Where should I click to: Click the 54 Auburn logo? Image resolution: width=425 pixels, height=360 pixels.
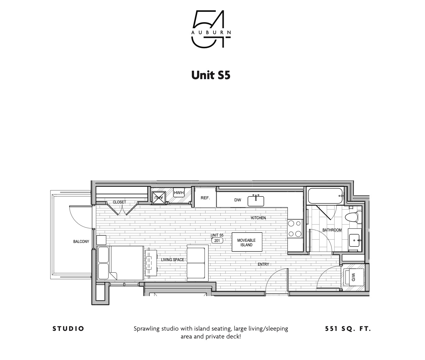[x=211, y=29]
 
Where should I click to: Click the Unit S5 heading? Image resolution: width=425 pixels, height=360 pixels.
[x=211, y=75]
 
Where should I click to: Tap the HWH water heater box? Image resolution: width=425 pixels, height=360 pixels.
[x=179, y=193]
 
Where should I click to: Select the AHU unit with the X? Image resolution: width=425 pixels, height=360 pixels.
[x=159, y=198]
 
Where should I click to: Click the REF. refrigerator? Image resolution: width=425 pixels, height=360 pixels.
[x=205, y=198]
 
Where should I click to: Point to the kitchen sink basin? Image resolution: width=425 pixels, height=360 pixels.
[x=256, y=201]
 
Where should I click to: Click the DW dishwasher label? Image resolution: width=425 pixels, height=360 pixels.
[x=237, y=200]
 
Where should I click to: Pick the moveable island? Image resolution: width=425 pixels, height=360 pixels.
[x=246, y=242]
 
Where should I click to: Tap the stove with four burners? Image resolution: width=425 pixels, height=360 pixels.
[x=295, y=229]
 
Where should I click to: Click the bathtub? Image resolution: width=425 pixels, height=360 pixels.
[x=325, y=196]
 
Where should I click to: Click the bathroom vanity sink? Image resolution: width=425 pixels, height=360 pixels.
[x=354, y=241]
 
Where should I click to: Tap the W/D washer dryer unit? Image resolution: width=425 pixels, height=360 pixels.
[x=353, y=277]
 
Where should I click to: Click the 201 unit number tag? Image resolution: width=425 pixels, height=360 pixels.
[x=217, y=241]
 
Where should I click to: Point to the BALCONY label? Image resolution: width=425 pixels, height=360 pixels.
[x=81, y=242]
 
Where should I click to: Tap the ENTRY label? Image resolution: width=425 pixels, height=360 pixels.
[x=263, y=264]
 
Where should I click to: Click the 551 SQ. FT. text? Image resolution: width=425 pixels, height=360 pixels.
[x=348, y=329]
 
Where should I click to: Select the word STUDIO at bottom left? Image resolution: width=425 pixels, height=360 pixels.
[x=68, y=329]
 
